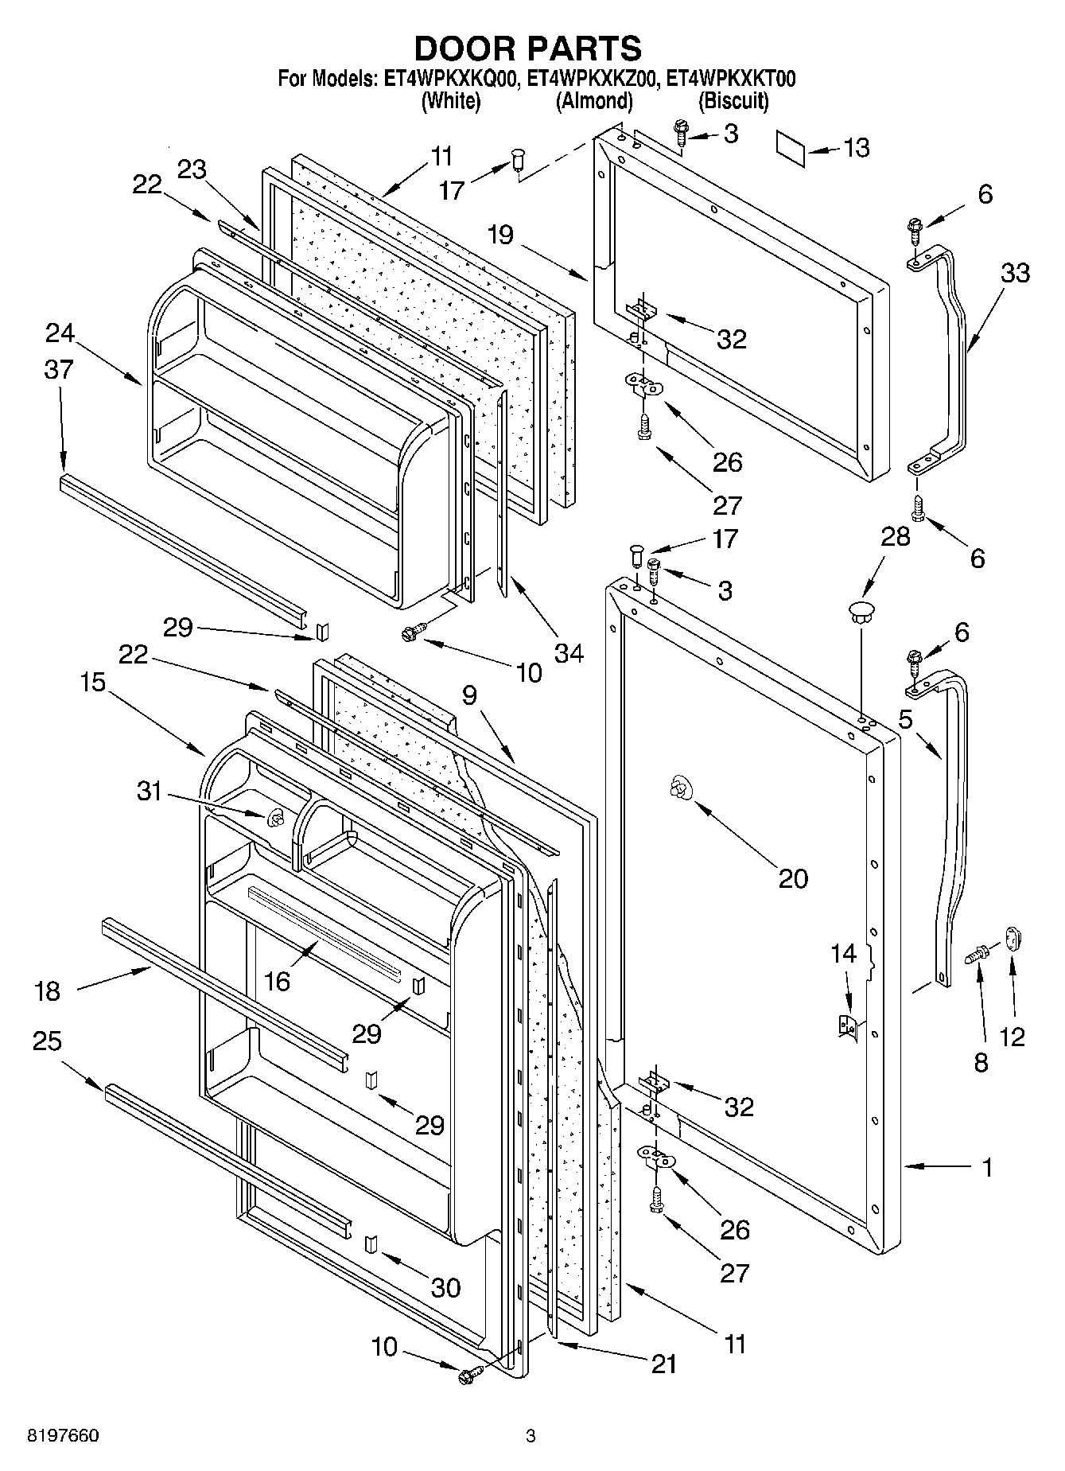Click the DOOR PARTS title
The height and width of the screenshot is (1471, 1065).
pos(528,48)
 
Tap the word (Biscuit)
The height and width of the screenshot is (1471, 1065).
pos(733,101)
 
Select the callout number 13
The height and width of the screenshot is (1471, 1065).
pos(856,148)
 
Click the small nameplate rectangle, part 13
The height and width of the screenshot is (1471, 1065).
pos(791,150)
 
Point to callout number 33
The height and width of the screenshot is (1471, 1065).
pos(1014,273)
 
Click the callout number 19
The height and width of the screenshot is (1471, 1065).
pos(501,235)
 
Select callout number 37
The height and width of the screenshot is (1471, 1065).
pos(59,369)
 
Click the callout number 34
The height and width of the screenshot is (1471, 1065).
pos(569,654)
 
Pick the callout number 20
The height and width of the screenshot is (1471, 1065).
pos(793,878)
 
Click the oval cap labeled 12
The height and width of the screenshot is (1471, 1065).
pos(1013,938)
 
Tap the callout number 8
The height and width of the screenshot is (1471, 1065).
pos(981,1062)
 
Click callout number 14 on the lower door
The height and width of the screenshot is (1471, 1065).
pos(844,953)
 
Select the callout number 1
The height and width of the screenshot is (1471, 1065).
pos(986,1168)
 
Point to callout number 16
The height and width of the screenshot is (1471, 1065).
pos(277,981)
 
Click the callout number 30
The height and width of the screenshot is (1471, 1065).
pos(445,1286)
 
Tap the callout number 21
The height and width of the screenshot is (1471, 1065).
pos(663,1364)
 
